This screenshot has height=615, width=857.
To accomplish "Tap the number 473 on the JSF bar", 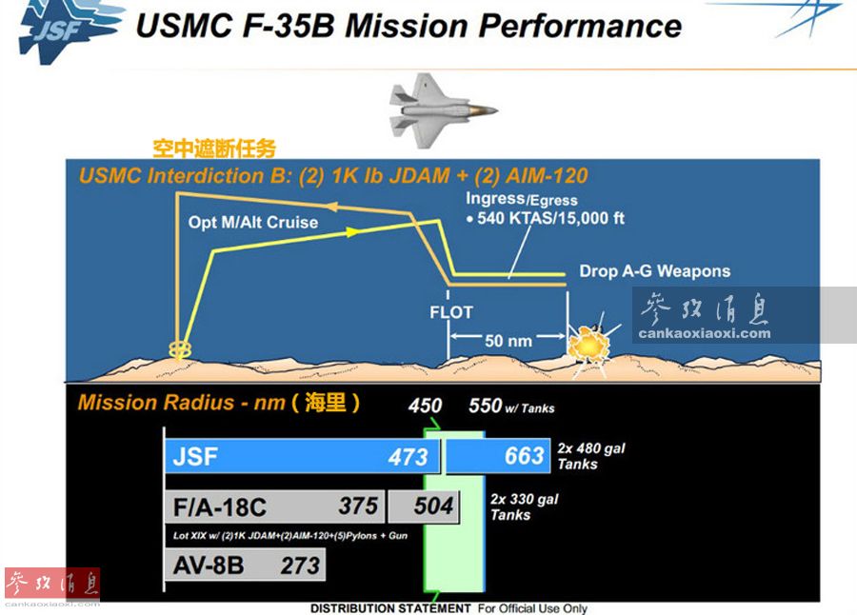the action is point(408,457).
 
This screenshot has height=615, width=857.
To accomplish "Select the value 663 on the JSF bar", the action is point(524,456).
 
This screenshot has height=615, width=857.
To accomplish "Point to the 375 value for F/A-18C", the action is point(358,506).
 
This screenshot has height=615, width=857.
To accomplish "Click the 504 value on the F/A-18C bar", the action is point(433,506).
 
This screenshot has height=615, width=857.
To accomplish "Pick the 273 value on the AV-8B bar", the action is point(300,565).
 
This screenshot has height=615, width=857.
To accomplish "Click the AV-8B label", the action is point(209,565).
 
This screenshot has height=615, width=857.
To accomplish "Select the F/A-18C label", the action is point(220,507).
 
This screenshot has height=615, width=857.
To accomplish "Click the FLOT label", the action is point(451,312).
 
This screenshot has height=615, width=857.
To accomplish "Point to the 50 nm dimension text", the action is point(508,341).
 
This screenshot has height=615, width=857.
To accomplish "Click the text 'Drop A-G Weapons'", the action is point(655,271).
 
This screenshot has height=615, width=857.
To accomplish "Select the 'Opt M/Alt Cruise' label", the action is point(253,223).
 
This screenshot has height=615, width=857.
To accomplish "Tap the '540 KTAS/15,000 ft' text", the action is point(550,218).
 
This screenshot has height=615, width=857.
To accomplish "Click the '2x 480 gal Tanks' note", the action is point(590,456).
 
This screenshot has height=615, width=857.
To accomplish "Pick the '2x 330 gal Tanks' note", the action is point(524,506).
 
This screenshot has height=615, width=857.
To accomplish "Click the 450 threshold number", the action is point(425,406).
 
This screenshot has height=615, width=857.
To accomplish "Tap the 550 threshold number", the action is point(485,406).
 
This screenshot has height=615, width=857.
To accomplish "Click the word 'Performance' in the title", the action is point(580,26).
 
